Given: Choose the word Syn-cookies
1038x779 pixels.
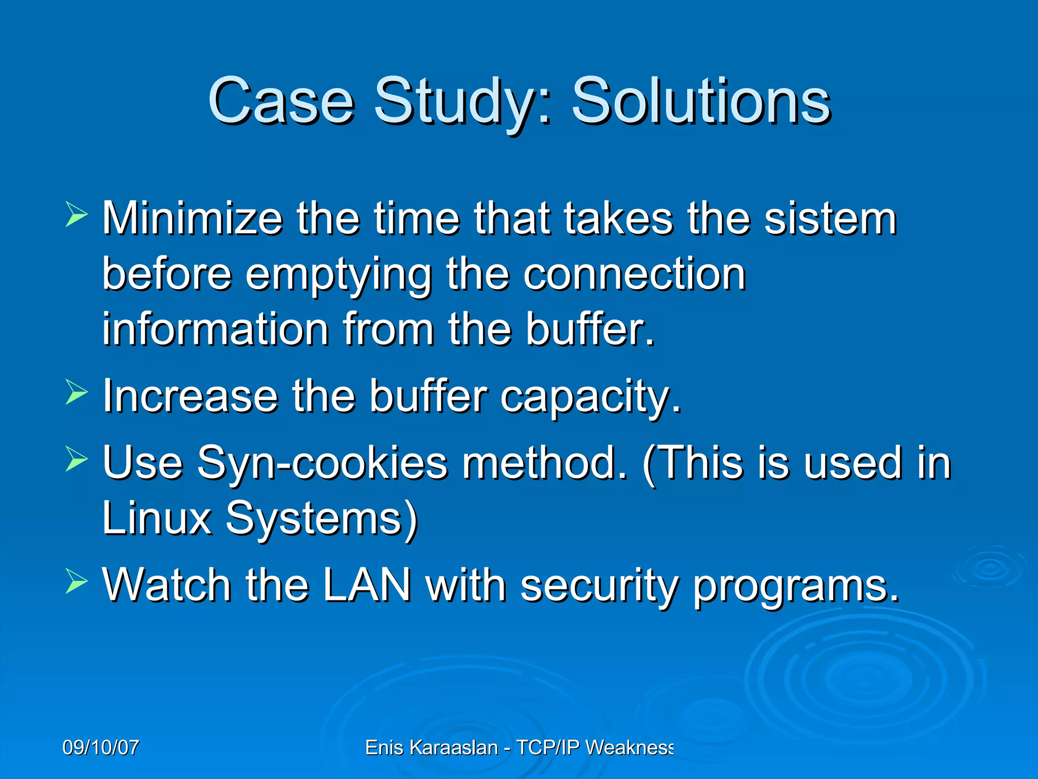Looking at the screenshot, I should pos(322,463).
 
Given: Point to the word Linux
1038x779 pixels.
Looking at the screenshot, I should pos(157,518).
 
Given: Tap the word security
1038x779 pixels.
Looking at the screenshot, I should pos(599,586).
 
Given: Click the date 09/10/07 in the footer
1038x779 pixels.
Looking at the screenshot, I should pos(101,748).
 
